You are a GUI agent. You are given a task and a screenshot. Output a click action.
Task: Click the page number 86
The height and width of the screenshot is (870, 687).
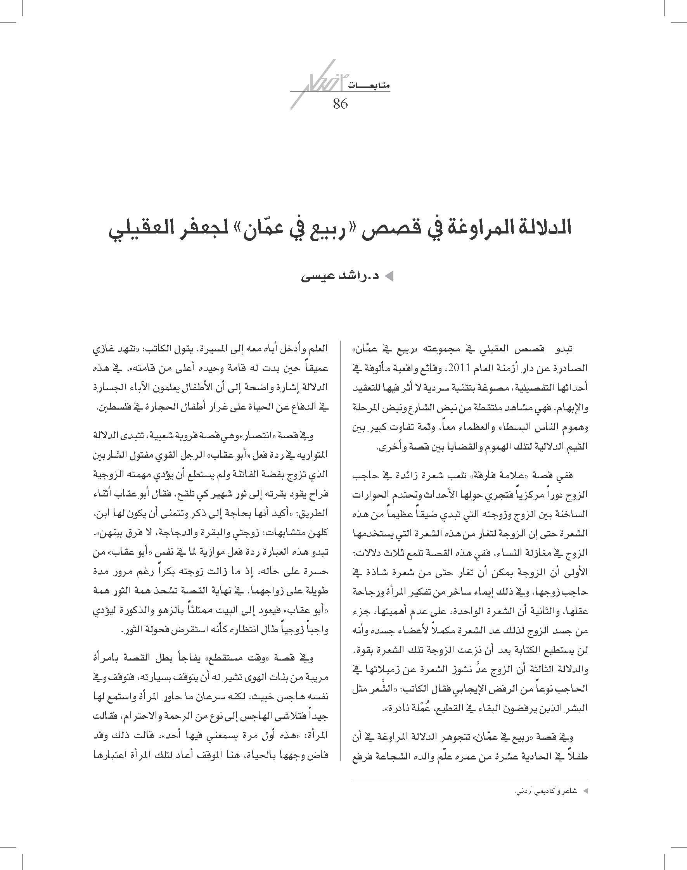[x=340, y=104]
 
